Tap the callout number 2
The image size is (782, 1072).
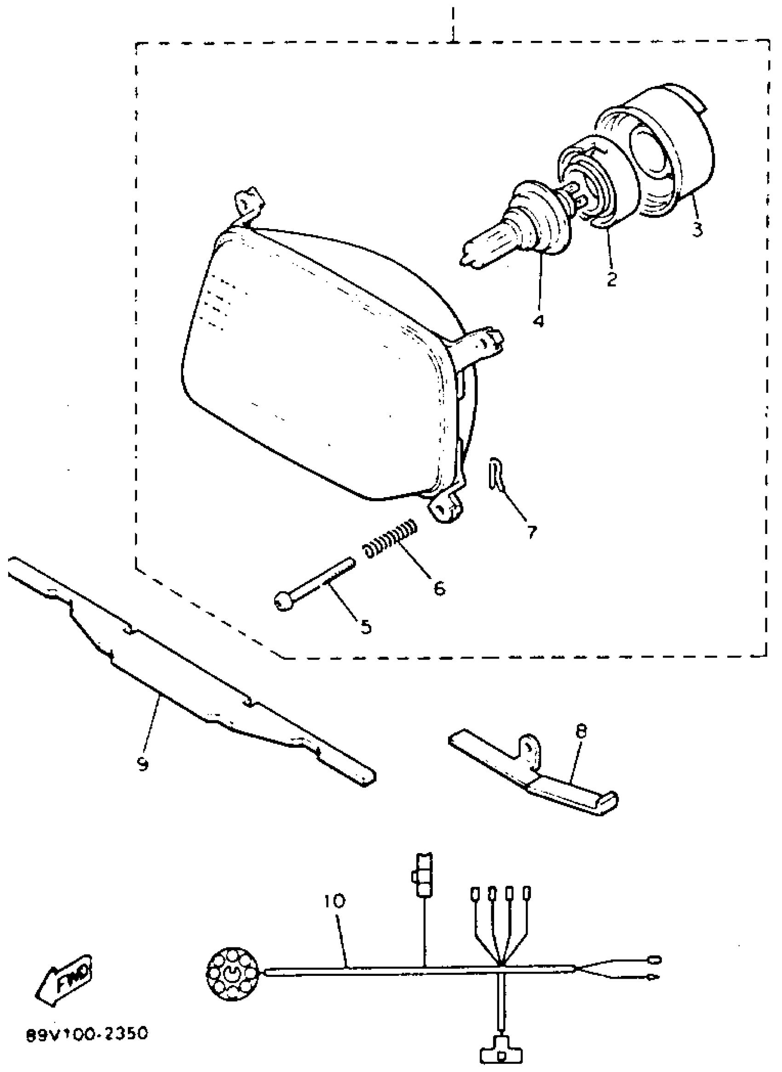611,279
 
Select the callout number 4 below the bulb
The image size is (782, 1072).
538,321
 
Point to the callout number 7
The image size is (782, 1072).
532,532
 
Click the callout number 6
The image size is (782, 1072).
439,588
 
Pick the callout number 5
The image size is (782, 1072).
365,627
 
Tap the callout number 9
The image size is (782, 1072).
143,763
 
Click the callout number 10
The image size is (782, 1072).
335,900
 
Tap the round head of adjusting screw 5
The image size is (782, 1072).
283,602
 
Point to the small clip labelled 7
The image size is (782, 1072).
493,475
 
